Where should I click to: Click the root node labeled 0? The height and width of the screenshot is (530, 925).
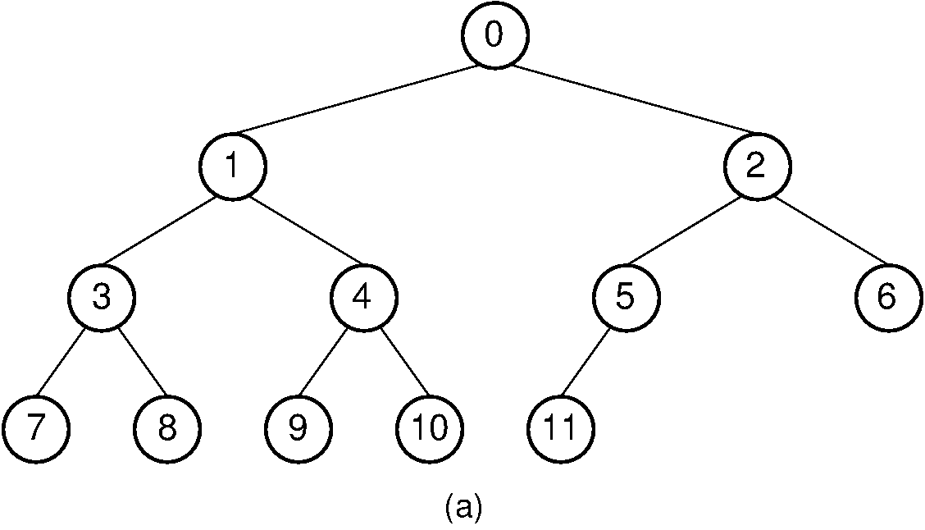coord(494,36)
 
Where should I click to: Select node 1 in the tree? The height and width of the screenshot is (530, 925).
coord(232,167)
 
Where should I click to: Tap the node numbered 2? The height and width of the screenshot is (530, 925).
coord(757,167)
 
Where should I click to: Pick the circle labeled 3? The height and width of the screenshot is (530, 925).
coord(101,297)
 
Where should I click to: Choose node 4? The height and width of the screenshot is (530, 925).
coord(363,297)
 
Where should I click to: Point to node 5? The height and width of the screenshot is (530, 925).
coord(626,297)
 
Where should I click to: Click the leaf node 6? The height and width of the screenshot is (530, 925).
coord(888,297)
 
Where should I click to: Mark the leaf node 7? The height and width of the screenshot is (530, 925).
coord(35,428)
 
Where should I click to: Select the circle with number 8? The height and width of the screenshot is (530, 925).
coord(166,428)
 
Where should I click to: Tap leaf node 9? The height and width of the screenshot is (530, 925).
coord(298,428)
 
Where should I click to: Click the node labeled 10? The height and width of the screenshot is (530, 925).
coord(429,428)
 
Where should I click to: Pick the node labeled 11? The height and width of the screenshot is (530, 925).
coord(560,428)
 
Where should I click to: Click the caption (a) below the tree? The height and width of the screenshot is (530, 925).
coord(463,507)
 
